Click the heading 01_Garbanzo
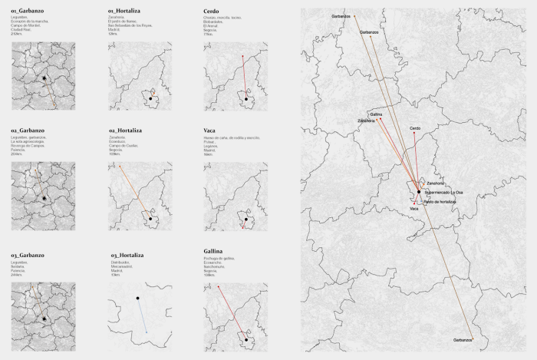click(x=27, y=12)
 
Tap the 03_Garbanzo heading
click(x=28, y=255)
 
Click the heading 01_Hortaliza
click(x=126, y=12)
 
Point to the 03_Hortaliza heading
click(x=127, y=255)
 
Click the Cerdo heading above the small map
click(x=212, y=12)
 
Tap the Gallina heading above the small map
click(x=214, y=251)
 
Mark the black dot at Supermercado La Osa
click(x=419, y=191)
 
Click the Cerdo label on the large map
click(x=415, y=128)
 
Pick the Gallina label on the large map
click(x=376, y=114)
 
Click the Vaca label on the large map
click(x=414, y=209)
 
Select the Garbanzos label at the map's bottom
click(x=463, y=339)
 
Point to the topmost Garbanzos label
click(x=342, y=15)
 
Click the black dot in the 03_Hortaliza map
click(x=137, y=298)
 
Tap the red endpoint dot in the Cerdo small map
click(x=243, y=55)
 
